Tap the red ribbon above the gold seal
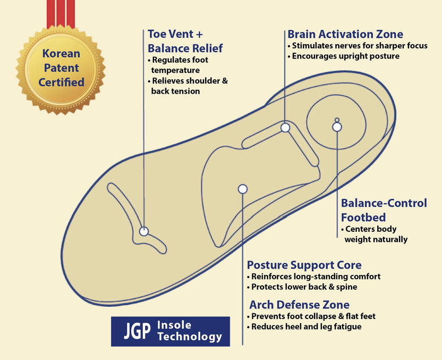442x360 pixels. point(61,14)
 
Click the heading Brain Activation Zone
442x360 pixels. point(345,34)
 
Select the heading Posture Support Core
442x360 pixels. point(304,265)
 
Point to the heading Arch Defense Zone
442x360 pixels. point(300,305)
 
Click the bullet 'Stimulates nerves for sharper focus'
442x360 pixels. point(358,46)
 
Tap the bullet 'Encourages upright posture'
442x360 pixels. point(343,56)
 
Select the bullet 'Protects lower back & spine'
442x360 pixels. point(302,287)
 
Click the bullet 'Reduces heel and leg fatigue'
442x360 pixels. point(304,326)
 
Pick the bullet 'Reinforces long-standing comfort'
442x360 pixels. point(314,277)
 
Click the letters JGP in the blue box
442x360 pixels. point(137,332)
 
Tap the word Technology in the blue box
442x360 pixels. point(190,337)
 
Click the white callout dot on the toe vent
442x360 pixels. point(144,231)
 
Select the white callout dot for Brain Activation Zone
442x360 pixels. point(285,128)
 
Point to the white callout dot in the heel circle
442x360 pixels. point(337,127)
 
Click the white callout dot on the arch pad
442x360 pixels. point(242,189)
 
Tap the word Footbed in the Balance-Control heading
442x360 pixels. point(363,217)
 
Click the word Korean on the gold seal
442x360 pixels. point(61,54)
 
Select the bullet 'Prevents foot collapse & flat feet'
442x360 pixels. point(311,316)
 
